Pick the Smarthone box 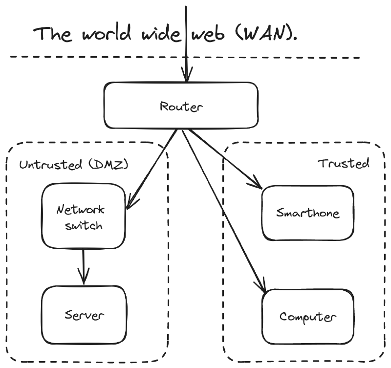pos(307,213)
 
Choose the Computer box pos(307,317)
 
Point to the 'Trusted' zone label pos(344,163)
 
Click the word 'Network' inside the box pos(81,210)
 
